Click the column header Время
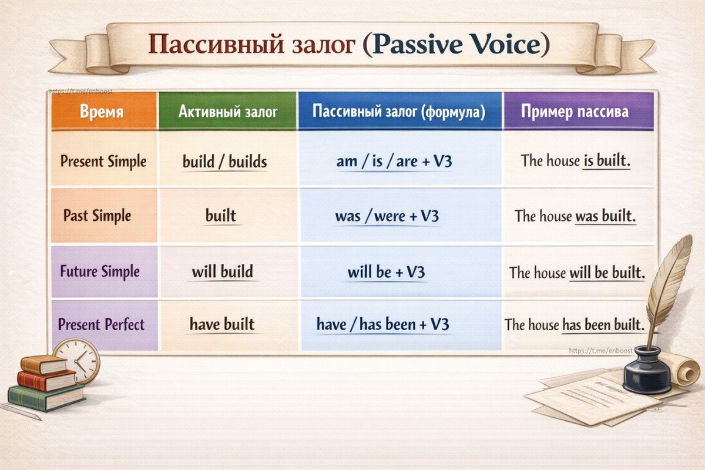[102, 112]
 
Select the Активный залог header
[228, 112]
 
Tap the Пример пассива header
[575, 112]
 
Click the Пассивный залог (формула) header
[399, 112]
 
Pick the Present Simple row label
[103, 162]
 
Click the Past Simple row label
[97, 216]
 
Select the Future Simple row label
[100, 271]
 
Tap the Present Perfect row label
[101, 324]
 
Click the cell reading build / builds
[224, 162]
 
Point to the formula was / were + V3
[387, 216]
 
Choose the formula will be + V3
[386, 272]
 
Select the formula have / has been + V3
[382, 324]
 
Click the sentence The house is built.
[576, 160]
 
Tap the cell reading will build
[223, 271]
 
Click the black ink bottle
[647, 370]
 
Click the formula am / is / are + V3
[394, 162]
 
